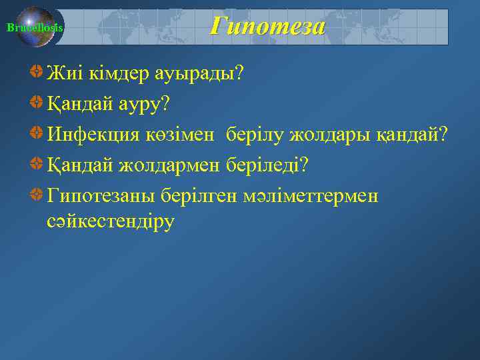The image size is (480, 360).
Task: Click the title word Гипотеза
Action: click(267, 26)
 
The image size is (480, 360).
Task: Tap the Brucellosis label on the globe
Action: click(34, 28)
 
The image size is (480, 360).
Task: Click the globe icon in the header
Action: click(37, 27)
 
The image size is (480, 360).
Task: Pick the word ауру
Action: click(143, 105)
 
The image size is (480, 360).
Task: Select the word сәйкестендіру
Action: click(111, 221)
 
